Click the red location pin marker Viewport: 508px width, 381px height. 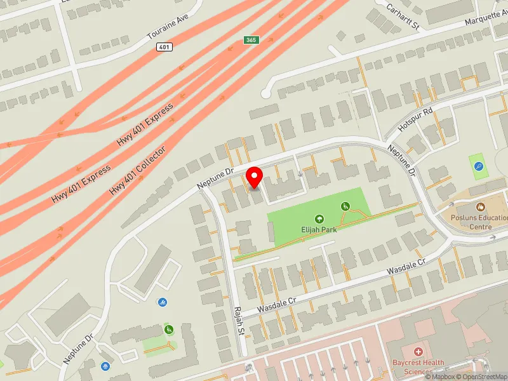pyautogui.click(x=255, y=177)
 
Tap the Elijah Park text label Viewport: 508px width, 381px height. pyautogui.click(x=319, y=229)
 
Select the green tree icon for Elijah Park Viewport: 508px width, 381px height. pyautogui.click(x=319, y=218)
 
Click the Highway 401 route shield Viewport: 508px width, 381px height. pyautogui.click(x=164, y=47)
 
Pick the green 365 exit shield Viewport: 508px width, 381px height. pyautogui.click(x=251, y=40)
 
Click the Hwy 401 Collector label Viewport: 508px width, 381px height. pyautogui.click(x=138, y=171)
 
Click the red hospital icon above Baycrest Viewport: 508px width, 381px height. pyautogui.click(x=418, y=352)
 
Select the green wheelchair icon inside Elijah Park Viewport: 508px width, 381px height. pyautogui.click(x=345, y=206)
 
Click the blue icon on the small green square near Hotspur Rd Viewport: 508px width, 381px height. pyautogui.click(x=479, y=167)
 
